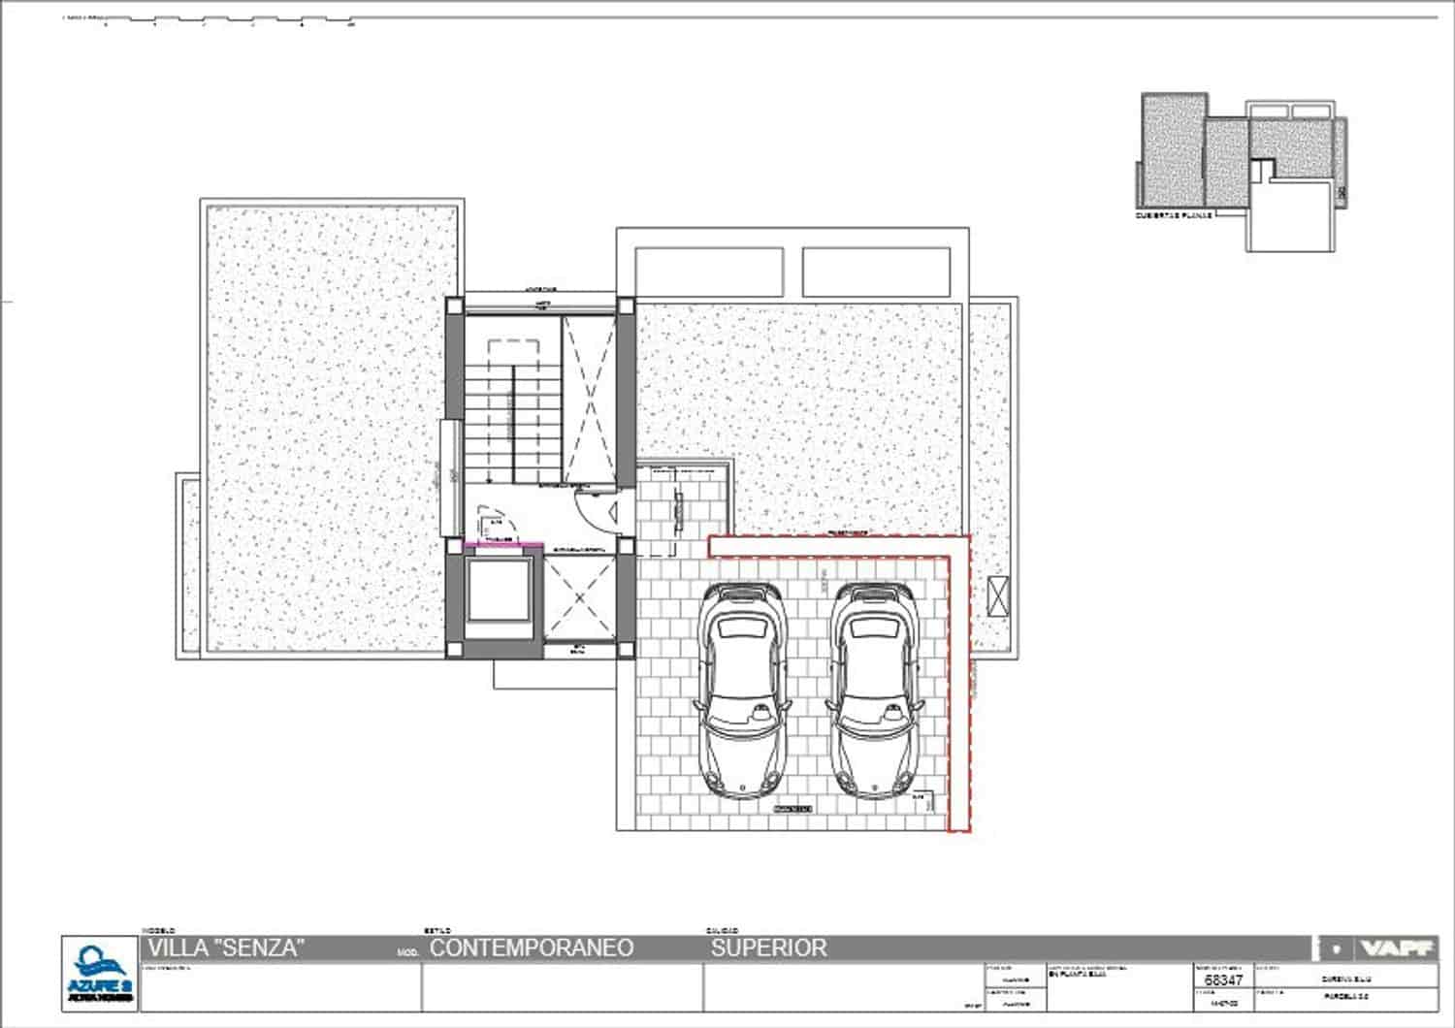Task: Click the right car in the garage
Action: [x=872, y=691]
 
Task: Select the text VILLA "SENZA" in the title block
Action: [x=226, y=948]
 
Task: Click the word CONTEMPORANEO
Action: [x=532, y=948]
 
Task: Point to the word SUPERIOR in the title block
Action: [x=769, y=948]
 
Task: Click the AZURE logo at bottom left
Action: [x=100, y=973]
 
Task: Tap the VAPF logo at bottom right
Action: [x=1397, y=948]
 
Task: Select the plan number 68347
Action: [x=1223, y=980]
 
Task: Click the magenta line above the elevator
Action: [x=501, y=545]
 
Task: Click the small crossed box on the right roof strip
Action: [x=999, y=594]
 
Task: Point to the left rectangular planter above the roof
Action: [x=708, y=272]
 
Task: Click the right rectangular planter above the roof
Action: [x=876, y=272]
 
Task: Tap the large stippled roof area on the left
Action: [x=330, y=427]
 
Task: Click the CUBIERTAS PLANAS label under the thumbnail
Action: [x=1175, y=215]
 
